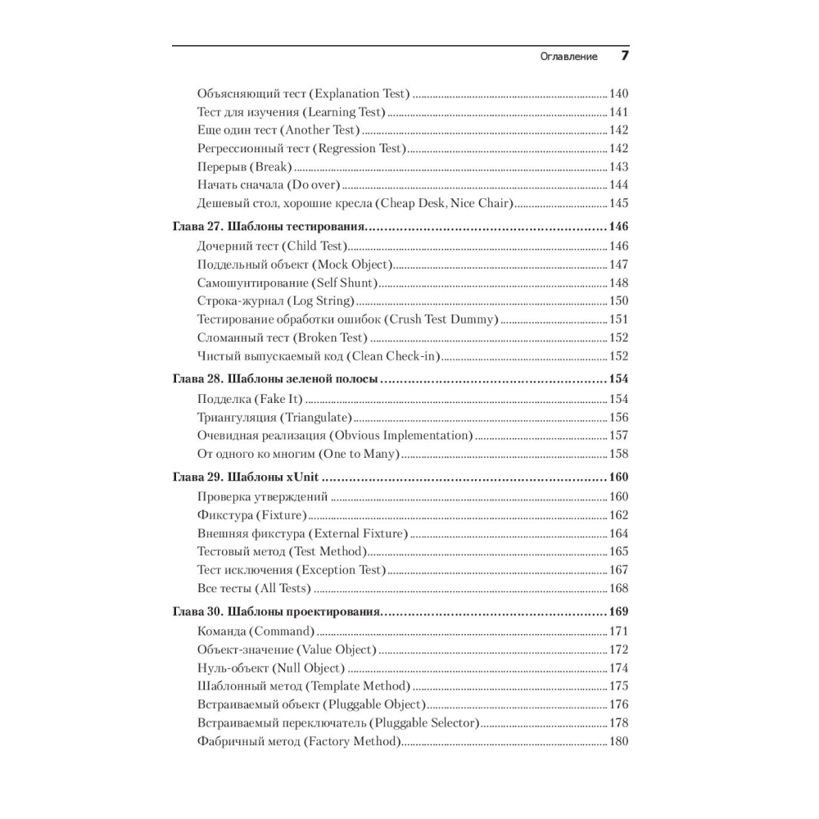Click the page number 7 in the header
(x=624, y=57)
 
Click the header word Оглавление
(x=569, y=57)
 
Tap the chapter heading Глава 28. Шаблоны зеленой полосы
(x=276, y=380)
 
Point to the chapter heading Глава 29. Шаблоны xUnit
(x=249, y=477)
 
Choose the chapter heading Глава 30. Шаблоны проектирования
(x=278, y=612)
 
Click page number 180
(x=618, y=742)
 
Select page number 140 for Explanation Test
(x=618, y=93)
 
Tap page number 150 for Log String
(x=618, y=301)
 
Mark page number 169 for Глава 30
(x=618, y=612)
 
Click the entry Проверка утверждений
(x=262, y=496)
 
